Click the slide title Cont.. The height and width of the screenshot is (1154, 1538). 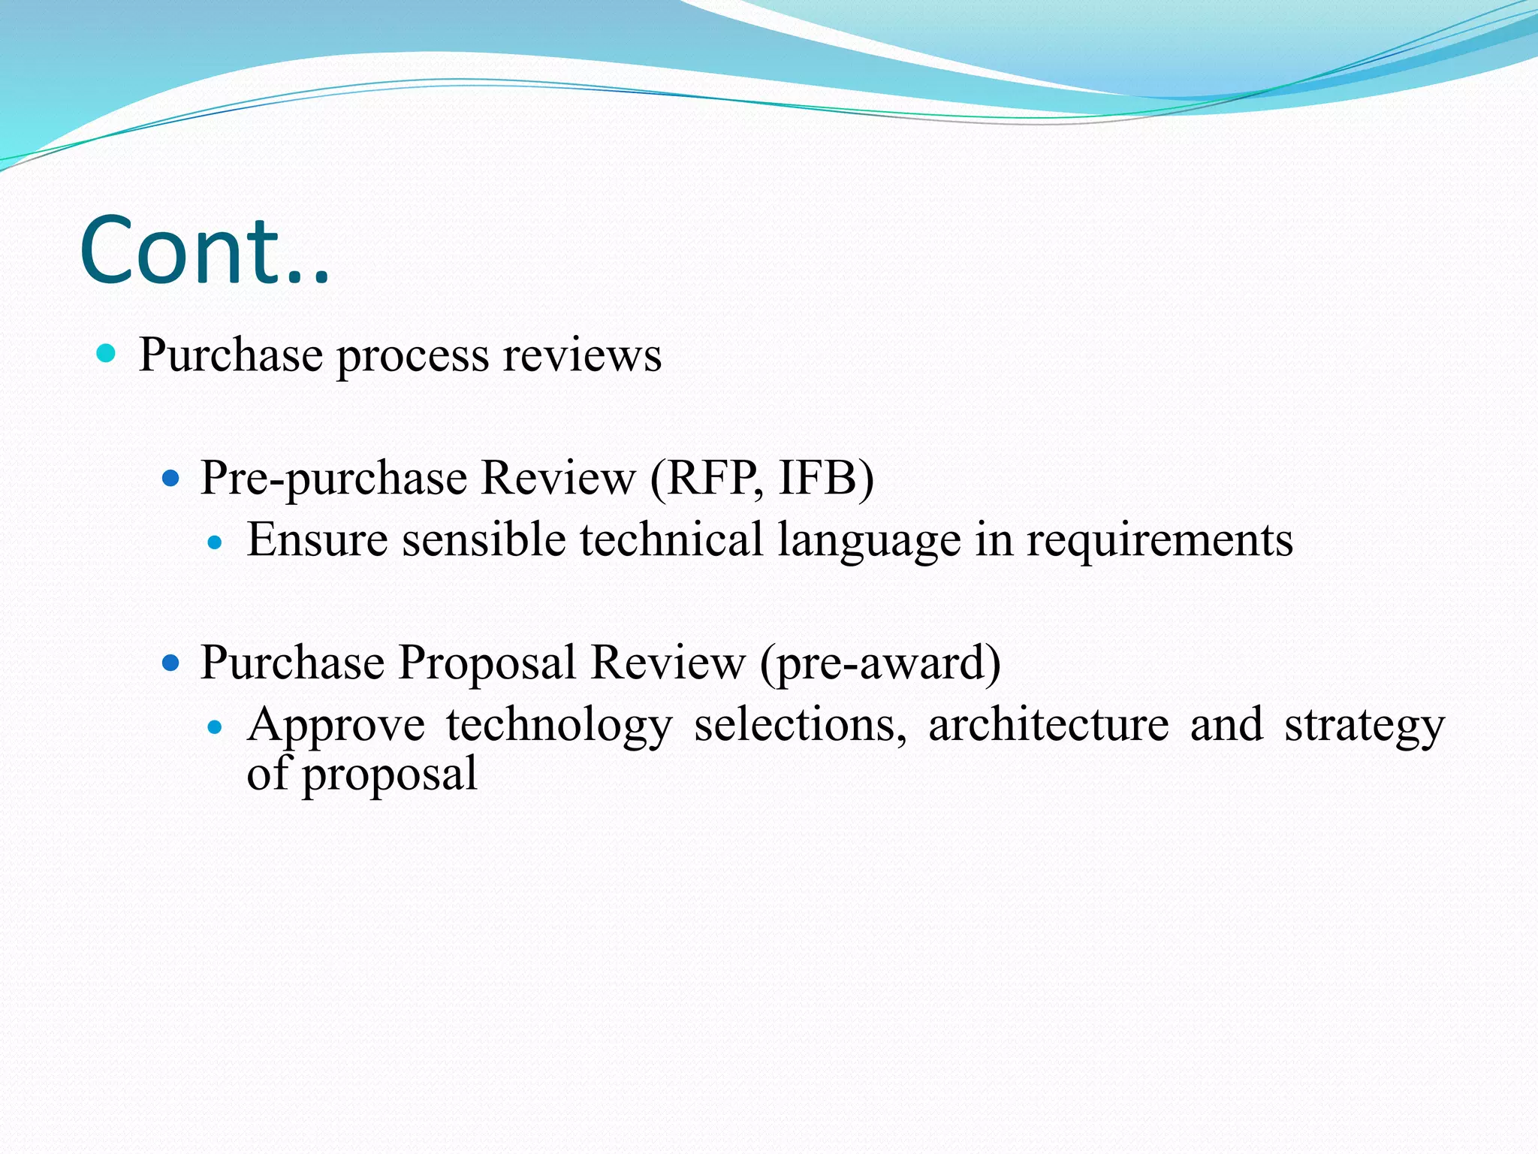pyautogui.click(x=204, y=251)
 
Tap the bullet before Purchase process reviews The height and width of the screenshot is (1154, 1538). pyautogui.click(x=107, y=353)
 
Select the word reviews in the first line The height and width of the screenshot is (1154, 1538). pyautogui.click(x=582, y=355)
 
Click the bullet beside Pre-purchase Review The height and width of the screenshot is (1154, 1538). pyautogui.click(x=171, y=477)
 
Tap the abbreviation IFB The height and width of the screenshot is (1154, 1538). pyautogui.click(x=818, y=478)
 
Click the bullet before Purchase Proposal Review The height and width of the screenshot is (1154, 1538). pyautogui.click(x=171, y=662)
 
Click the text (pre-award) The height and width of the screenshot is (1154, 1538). pyautogui.click(x=880, y=664)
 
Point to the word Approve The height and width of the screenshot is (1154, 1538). pyautogui.click(x=336, y=726)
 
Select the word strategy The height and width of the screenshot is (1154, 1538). pyautogui.click(x=1364, y=727)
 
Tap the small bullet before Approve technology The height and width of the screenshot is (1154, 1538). pyautogui.click(x=216, y=727)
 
